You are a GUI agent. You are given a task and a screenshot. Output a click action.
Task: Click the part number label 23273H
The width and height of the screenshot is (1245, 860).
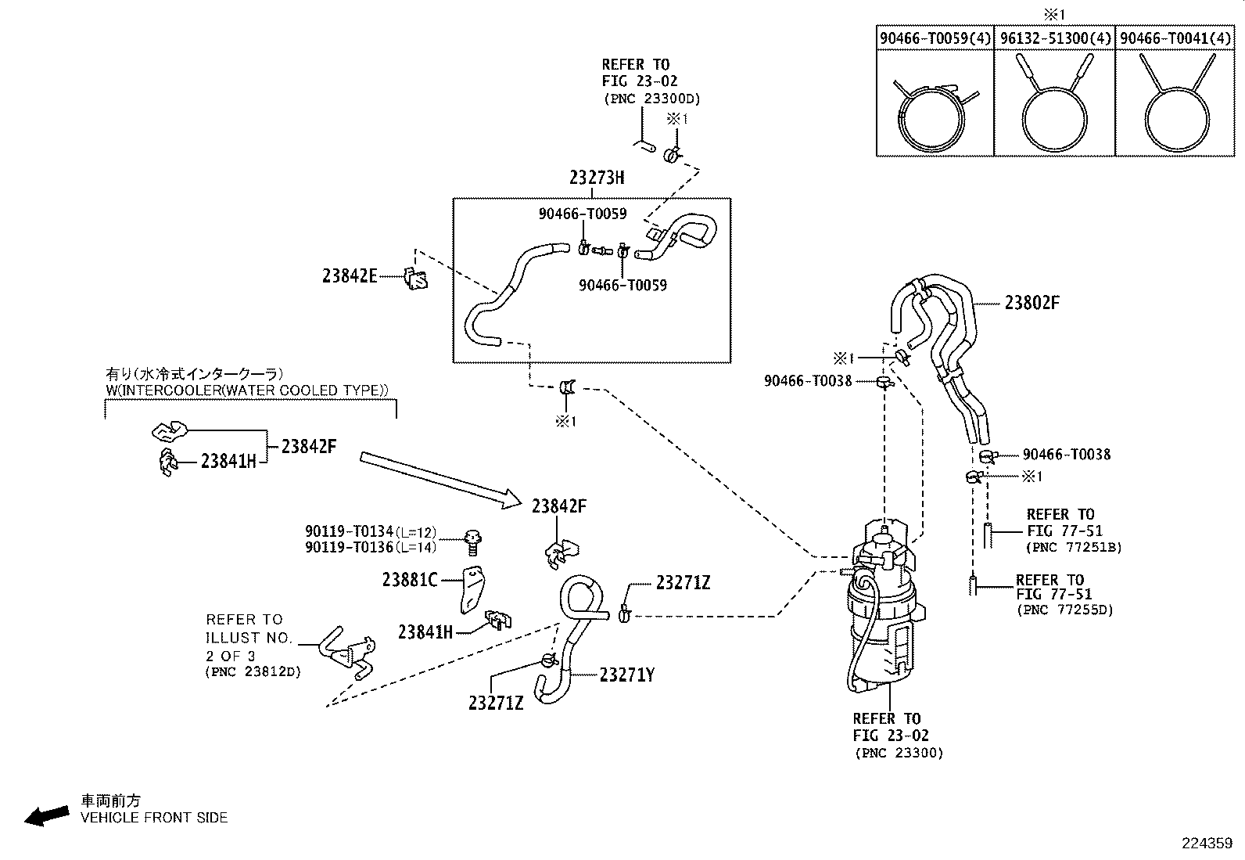coord(597,178)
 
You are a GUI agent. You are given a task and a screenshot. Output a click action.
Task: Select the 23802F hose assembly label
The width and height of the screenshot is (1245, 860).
coord(1032,303)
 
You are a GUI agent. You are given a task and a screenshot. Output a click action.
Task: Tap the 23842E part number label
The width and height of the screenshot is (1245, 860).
coord(350,276)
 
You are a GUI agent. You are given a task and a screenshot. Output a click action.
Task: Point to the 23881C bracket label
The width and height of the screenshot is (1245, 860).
coord(410,580)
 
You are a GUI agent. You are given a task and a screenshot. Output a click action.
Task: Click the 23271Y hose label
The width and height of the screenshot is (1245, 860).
coord(627,675)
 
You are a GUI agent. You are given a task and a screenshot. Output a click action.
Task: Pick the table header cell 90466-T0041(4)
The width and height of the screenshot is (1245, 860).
coord(1175,38)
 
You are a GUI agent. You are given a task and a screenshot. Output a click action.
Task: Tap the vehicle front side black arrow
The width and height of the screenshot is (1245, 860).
coord(47,816)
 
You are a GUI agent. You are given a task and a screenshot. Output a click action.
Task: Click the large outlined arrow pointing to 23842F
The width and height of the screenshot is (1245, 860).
coord(441,480)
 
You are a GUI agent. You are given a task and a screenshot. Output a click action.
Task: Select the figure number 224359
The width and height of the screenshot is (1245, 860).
coord(1207,844)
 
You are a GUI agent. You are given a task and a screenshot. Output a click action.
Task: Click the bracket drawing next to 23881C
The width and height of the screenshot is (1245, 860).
coord(472,590)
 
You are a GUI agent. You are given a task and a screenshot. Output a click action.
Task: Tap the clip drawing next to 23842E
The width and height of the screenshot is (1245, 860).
coord(416,279)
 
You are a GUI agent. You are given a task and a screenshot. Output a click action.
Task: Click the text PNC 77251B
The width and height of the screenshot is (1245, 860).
coord(1074,547)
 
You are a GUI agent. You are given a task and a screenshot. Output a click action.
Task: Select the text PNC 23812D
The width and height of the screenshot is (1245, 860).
coord(253,671)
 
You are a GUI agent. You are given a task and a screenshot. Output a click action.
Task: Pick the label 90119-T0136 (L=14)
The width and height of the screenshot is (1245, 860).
coord(371,547)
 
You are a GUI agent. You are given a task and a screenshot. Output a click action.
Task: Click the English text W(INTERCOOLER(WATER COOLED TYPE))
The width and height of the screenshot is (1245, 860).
coord(247,390)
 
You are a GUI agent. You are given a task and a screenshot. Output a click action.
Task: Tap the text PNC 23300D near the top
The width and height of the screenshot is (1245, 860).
coord(652,99)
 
